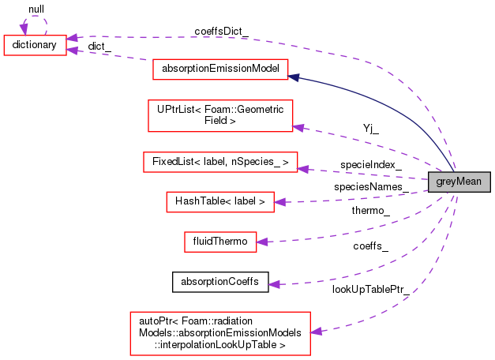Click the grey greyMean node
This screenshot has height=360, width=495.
[459, 182]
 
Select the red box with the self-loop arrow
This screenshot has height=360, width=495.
[35, 46]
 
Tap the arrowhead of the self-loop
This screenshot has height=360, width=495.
[24, 29]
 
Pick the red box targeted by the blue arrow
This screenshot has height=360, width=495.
[220, 69]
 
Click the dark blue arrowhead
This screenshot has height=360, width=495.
[294, 77]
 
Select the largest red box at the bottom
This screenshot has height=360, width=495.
[220, 333]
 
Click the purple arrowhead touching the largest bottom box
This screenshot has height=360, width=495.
[316, 332]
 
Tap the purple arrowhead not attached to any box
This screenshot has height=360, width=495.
[274, 284]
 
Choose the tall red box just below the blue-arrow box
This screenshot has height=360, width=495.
[220, 116]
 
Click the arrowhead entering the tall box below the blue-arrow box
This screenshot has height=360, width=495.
[298, 127]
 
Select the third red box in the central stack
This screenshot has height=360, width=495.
[220, 162]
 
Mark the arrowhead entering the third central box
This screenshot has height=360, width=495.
[303, 168]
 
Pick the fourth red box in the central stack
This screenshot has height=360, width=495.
[220, 202]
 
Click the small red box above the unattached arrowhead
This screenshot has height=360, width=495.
[220, 242]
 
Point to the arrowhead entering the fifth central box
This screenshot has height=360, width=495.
[262, 242]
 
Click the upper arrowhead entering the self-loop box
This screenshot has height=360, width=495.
[73, 37]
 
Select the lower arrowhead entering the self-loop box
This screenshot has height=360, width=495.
[73, 51]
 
